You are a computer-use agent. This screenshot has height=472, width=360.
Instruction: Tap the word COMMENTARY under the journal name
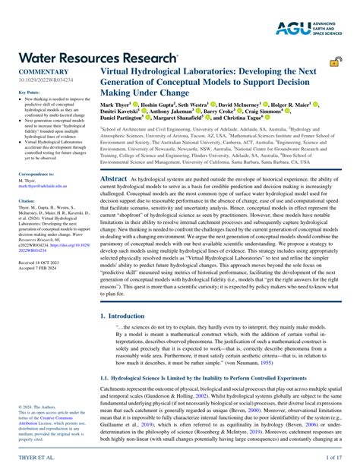pos(34,71)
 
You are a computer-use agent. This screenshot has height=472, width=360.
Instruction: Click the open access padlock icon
pos(335,62)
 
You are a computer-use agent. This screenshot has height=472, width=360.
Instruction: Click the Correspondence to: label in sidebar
pos(35,175)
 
